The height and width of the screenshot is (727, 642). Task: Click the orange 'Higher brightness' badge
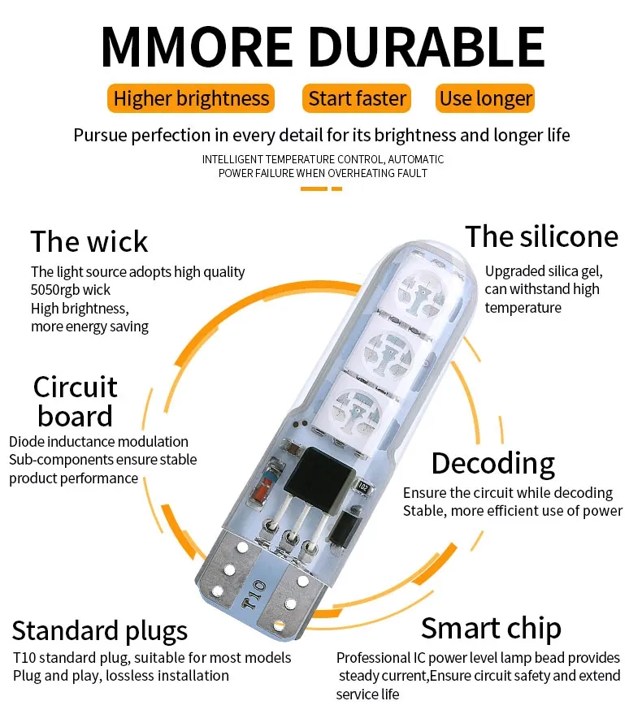[191, 98]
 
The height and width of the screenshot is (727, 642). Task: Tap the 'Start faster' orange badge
[357, 98]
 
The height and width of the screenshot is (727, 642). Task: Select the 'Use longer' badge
[485, 98]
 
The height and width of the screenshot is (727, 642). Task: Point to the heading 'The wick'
[89, 241]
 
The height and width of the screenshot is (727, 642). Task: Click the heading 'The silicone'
[542, 236]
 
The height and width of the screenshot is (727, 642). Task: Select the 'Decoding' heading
[493, 463]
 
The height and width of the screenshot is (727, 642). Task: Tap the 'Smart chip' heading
[491, 629]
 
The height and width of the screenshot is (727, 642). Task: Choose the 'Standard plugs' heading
[100, 631]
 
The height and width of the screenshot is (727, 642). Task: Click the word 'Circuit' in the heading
[75, 387]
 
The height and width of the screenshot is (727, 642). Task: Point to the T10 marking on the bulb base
[254, 595]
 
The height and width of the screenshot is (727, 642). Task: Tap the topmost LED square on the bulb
[422, 291]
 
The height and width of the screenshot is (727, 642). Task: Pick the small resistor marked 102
[362, 487]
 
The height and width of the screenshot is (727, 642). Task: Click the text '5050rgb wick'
[71, 290]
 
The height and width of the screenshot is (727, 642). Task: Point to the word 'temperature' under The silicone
[523, 307]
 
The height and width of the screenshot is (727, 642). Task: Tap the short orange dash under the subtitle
[336, 188]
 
